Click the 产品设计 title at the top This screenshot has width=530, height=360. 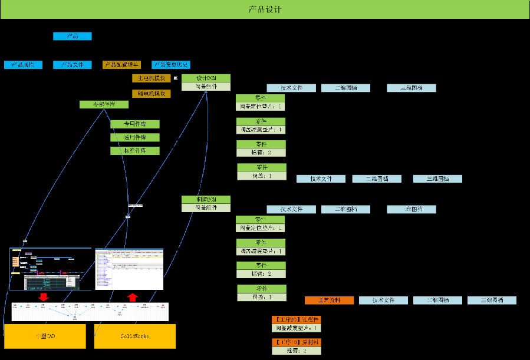click(265, 9)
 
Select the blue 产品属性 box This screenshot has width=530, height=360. click(23, 65)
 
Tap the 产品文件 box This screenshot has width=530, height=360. click(73, 65)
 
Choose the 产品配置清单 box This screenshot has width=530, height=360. click(121, 65)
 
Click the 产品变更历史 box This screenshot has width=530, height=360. click(171, 65)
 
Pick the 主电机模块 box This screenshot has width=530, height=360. click(151, 78)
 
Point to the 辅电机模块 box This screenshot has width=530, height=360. click(151, 93)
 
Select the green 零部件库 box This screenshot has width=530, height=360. click(104, 104)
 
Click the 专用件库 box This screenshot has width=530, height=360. click(134, 124)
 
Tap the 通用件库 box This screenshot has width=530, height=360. click(134, 137)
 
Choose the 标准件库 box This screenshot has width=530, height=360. click(134, 151)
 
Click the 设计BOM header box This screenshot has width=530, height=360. click(206, 78)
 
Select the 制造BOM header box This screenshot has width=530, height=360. click(206, 199)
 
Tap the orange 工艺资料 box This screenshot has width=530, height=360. click(329, 300)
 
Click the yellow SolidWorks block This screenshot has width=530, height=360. click(135, 336)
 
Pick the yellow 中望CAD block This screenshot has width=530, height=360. click(45, 336)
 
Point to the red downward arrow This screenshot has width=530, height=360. click(43, 296)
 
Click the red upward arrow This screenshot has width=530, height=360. click(133, 296)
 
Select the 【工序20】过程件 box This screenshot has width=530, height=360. click(296, 319)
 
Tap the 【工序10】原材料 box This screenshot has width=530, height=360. click(296, 342)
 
